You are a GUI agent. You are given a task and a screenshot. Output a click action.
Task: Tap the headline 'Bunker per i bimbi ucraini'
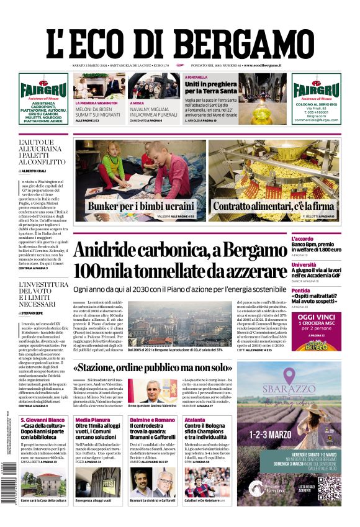[x=140, y=206]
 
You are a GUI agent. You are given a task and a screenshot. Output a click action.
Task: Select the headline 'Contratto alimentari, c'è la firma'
[x=273, y=206]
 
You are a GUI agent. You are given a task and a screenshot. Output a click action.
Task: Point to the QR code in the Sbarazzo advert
[x=329, y=489]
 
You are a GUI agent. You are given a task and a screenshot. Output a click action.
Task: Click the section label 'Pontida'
[x=318, y=291]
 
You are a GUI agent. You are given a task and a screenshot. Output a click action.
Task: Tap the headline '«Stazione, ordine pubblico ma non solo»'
[x=161, y=368]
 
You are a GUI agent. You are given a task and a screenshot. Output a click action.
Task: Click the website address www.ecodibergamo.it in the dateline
[x=263, y=65]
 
